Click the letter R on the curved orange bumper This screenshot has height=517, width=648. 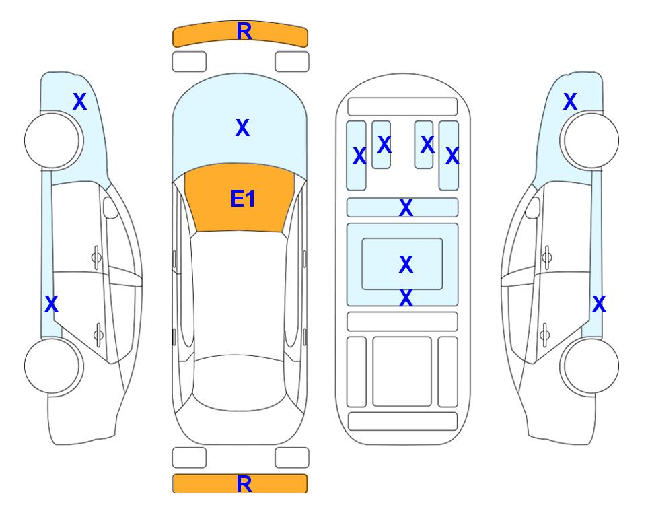click(x=244, y=32)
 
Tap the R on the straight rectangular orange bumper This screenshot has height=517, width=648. click(x=244, y=484)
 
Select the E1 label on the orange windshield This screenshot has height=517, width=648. click(x=243, y=199)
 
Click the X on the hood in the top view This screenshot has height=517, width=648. click(x=243, y=127)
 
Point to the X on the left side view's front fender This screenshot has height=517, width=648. click(x=80, y=102)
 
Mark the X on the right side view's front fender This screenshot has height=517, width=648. click(x=570, y=102)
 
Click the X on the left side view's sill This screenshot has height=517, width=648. click(x=51, y=304)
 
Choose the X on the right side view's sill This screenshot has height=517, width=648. click(x=599, y=304)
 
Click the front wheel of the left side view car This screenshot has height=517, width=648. click(x=54, y=141)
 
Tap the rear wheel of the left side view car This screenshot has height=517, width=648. click(x=54, y=366)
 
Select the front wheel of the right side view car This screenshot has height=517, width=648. click(x=589, y=141)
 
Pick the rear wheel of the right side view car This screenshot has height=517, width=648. click(x=589, y=366)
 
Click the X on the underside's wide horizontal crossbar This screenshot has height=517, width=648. click(x=406, y=207)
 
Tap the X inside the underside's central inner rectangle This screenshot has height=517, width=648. click(x=406, y=264)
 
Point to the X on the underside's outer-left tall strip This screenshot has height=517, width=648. click(x=359, y=156)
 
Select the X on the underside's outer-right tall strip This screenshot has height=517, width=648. click(x=452, y=156)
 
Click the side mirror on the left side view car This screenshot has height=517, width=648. click(x=110, y=207)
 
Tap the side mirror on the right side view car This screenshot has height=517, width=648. click(x=533, y=207)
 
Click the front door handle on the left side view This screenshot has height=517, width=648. click(x=96, y=257)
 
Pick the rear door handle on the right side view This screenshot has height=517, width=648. click(x=545, y=334)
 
